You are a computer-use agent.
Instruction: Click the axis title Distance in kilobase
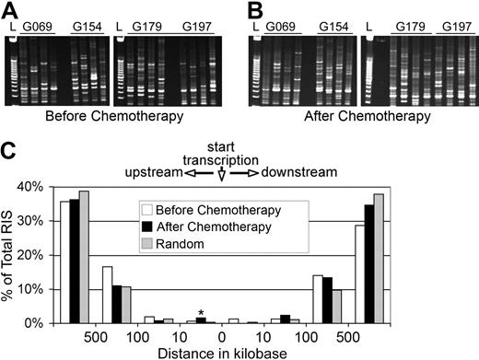click(221, 351)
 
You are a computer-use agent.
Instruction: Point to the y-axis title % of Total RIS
click(12, 253)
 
